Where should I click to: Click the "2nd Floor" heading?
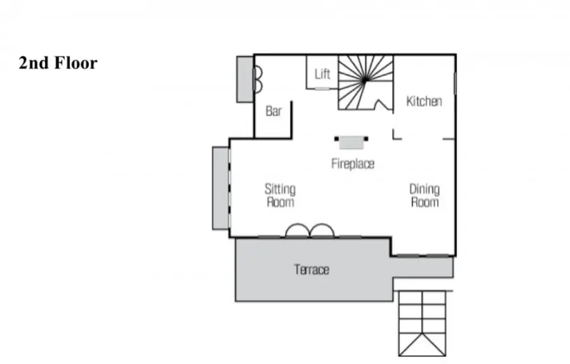58,63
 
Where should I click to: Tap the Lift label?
322,74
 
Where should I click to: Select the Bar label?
274,111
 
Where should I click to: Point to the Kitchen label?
424,101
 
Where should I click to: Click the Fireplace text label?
353,164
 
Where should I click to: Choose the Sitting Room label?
280,196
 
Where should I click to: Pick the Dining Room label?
424,196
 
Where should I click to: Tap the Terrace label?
312,270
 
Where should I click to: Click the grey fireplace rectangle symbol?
351,143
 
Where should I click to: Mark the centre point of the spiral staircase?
365,81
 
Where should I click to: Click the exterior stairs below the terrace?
422,323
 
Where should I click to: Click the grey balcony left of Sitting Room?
220,188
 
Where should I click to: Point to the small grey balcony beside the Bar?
245,79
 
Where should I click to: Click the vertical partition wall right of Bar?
291,120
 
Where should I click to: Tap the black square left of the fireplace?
337,139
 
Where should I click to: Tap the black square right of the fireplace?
366,139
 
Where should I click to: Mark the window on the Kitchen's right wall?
455,84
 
